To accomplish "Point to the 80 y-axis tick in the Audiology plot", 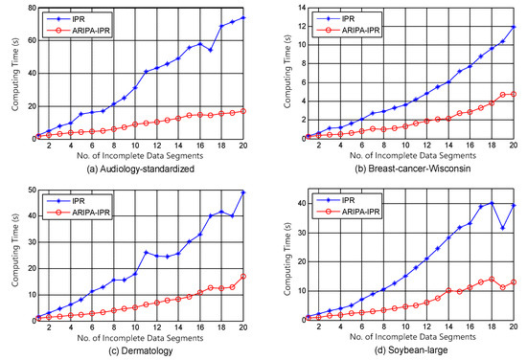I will tap(28, 8).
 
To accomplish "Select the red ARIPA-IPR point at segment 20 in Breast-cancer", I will tap(512, 94).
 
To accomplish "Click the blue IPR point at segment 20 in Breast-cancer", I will tap(512, 27).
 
